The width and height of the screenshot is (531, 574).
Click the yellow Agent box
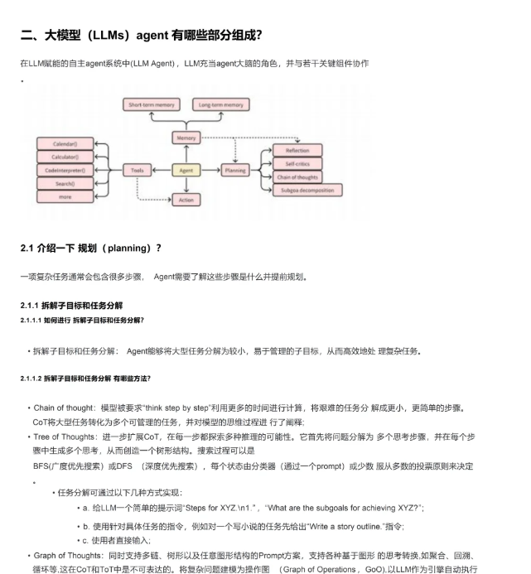tap(186, 170)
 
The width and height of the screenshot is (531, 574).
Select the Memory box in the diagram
tap(186, 137)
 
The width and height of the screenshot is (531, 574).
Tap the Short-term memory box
tap(152, 105)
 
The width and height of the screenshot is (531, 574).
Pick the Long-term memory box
tap(221, 105)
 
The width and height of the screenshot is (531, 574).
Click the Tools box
tap(137, 170)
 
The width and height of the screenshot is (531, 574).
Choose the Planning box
tap(235, 170)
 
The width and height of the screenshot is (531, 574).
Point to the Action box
tap(186, 200)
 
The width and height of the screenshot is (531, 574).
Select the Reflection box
tap(297, 151)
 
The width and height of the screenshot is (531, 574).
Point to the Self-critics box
tap(297, 164)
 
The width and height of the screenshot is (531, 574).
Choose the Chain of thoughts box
tap(297, 177)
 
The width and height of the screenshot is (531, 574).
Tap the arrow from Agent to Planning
tap(210, 170)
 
